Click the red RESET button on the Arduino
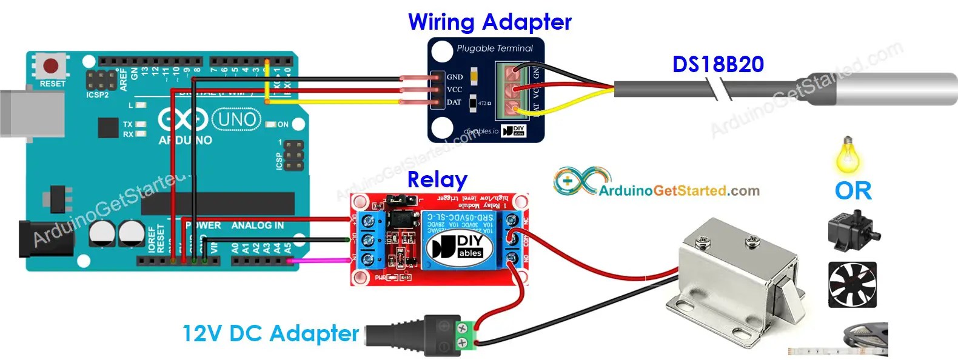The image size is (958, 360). point(51,65)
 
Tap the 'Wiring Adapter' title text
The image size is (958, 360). point(489,22)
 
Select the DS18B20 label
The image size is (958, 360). point(718,64)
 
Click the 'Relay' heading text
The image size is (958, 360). point(437,179)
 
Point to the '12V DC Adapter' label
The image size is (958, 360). point(270,333)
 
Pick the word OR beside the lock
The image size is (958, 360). point(852,191)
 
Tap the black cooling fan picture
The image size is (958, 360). point(852,285)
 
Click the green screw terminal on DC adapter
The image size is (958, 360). point(466,337)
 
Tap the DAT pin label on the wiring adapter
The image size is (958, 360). point(454,102)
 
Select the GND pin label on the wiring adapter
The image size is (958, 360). point(455,77)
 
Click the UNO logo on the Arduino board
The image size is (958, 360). point(236,119)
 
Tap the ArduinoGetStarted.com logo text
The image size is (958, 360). point(678,191)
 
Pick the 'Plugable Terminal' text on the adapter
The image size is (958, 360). point(494,48)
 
